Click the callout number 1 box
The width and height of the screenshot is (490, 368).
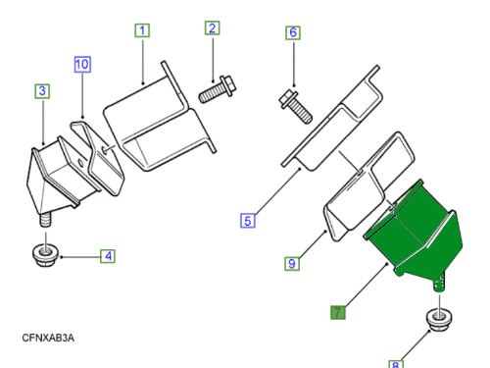(142, 30)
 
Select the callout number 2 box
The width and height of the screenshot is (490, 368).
(212, 27)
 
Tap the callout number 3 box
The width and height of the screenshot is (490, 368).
(42, 91)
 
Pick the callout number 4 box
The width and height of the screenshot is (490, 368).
(108, 256)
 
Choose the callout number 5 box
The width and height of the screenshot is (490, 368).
(248, 220)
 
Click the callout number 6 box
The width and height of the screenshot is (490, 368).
(293, 32)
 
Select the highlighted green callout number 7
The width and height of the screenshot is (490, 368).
(338, 312)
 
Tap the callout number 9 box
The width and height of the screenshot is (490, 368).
(292, 264)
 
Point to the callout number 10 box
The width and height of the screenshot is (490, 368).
(82, 64)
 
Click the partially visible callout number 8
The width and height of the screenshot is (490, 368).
(396, 364)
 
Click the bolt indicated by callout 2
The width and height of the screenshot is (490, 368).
(217, 89)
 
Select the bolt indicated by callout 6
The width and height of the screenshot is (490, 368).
(296, 107)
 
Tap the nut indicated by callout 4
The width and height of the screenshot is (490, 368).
(45, 255)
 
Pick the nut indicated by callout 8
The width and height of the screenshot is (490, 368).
(440, 320)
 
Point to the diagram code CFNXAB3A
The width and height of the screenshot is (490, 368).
(48, 338)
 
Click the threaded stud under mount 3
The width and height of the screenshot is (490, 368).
(45, 219)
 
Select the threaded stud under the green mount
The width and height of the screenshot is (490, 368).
(439, 282)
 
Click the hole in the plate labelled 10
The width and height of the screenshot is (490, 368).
(104, 149)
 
